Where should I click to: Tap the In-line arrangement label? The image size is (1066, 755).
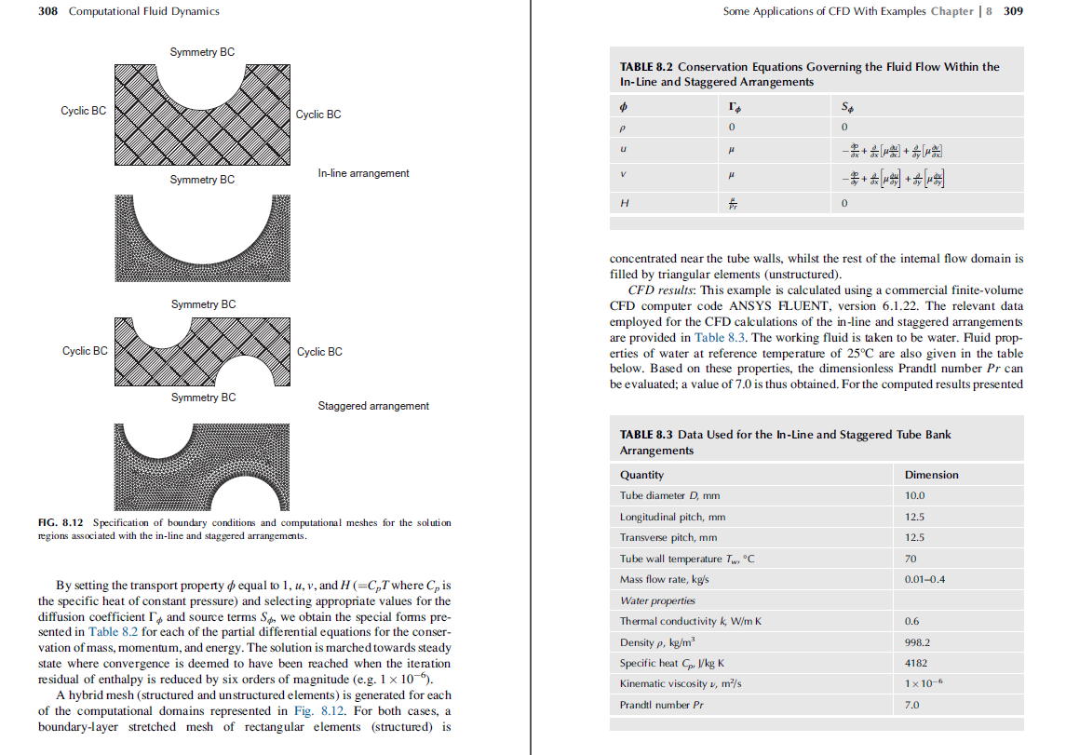tap(363, 173)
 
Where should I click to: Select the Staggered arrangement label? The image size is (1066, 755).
tap(373, 406)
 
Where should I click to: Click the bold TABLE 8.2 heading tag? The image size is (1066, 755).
tap(646, 67)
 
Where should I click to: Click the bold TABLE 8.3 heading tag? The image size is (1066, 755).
tap(646, 435)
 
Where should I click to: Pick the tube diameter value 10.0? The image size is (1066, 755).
tap(914, 495)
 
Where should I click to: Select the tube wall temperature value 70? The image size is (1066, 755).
tap(911, 559)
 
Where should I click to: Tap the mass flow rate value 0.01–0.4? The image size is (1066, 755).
tap(925, 579)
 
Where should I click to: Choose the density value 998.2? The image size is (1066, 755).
tap(917, 642)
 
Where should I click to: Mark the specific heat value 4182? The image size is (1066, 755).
tap(914, 663)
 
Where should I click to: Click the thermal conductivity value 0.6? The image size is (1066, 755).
tap(911, 621)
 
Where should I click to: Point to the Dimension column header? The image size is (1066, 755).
tap(931, 475)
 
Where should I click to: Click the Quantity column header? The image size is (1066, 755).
tap(641, 475)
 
